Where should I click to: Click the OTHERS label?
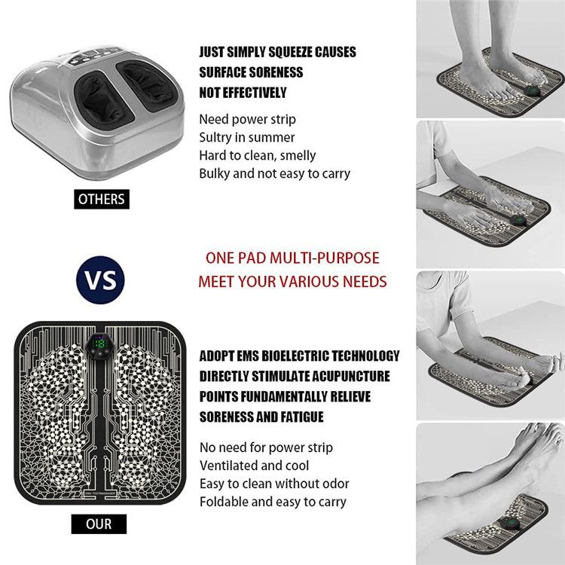pos(102,200)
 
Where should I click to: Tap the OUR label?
pos(99,524)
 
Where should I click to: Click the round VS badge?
pos(100,279)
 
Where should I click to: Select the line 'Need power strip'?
pos(247,119)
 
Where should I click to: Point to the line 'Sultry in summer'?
pos(247,137)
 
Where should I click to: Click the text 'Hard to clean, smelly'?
pos(258,155)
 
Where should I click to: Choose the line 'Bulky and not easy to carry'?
pos(274,173)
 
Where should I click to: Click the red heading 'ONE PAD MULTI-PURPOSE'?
pos(292,258)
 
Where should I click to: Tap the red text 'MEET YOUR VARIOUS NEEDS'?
pos(292,282)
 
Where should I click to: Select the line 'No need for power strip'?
pos(266,447)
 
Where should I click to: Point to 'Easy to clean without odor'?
pos(274,484)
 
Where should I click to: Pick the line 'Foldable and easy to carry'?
pos(273,502)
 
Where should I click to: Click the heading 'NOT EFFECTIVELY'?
pos(243,93)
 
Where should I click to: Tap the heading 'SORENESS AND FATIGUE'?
pos(261,417)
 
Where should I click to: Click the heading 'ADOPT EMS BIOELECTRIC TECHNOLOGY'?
pos(299,356)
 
